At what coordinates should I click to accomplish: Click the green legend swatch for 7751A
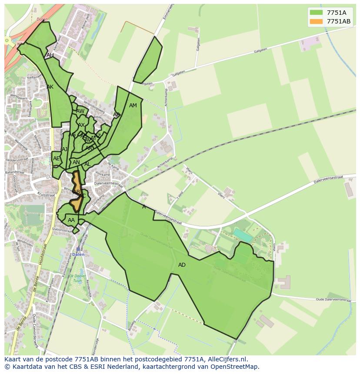317,13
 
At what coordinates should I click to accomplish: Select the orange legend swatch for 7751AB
317,21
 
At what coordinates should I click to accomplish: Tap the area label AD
182,265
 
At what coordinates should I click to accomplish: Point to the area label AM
133,106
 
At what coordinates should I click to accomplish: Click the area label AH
50,55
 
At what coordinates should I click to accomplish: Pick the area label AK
50,87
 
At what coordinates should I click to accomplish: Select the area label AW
80,111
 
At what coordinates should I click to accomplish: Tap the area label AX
81,125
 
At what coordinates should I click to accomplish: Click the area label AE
56,159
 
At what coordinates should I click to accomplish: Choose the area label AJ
65,149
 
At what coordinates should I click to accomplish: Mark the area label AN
76,162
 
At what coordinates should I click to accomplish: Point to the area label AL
87,164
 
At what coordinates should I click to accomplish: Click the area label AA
71,220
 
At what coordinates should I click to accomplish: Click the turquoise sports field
242,235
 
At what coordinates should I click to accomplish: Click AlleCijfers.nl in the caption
226,359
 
